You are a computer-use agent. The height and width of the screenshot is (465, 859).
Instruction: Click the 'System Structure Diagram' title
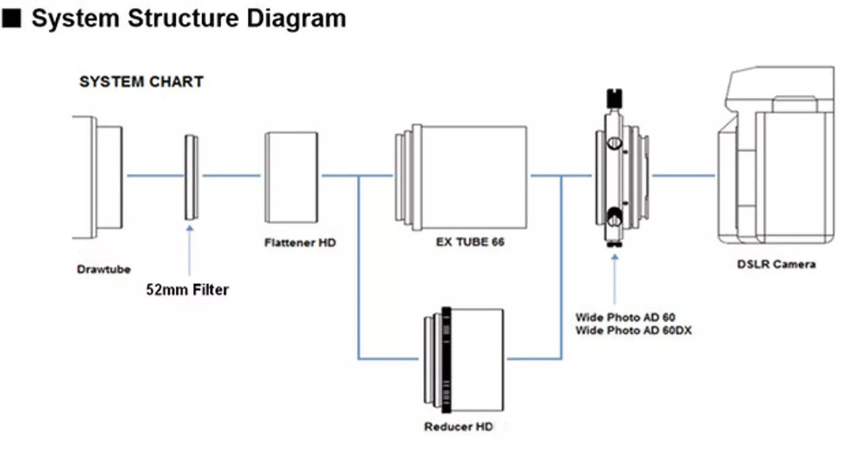pos(188,18)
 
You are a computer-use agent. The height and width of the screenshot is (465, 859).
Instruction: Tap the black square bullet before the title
pos(13,18)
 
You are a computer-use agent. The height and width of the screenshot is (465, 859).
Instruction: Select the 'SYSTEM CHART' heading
pos(141,83)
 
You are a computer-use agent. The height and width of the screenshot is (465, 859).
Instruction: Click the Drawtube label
pos(104,269)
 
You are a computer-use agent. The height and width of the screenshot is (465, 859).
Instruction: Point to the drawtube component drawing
pos(99,177)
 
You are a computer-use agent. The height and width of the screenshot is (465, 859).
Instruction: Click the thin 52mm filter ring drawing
pos(191,177)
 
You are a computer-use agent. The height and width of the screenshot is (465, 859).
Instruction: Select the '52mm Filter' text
pos(187,289)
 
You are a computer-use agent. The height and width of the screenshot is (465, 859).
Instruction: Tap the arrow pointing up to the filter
pos(190,251)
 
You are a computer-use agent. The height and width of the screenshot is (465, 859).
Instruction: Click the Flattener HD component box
pos(291,177)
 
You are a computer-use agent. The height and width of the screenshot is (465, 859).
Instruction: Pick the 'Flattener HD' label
pos(300,242)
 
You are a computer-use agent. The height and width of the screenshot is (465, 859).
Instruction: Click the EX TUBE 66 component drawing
pos(463,177)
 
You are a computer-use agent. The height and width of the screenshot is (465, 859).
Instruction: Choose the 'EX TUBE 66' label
pos(470,242)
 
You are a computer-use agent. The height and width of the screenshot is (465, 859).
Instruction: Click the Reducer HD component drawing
pos(464,360)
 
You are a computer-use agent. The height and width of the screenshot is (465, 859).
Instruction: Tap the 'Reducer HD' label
pos(458,427)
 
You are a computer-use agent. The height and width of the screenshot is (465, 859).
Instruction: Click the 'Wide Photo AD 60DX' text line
pos(633,330)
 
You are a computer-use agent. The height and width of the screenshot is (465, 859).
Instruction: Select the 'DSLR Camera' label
pos(776,264)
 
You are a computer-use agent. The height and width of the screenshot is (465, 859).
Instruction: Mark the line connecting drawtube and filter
pos(155,176)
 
